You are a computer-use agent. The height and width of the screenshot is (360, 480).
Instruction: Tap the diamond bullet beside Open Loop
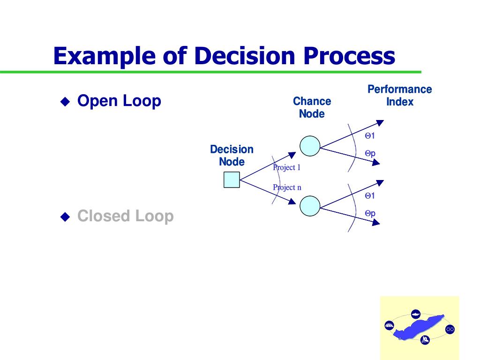point(65,101)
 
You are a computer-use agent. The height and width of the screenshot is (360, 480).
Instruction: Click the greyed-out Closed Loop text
point(125,216)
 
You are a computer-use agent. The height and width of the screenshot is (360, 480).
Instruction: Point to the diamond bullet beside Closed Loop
point(65,217)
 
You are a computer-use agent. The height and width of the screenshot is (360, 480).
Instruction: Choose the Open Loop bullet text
point(119,101)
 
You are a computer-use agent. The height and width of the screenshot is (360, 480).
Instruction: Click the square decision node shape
point(232,180)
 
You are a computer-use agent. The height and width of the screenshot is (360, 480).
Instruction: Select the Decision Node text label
point(232,156)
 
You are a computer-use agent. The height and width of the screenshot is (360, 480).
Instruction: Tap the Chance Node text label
point(312,107)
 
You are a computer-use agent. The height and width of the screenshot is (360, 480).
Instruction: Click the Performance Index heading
point(399,95)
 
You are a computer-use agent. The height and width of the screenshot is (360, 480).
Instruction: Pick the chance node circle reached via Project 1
point(310,146)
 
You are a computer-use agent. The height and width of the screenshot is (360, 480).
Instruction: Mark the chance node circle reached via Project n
point(310,206)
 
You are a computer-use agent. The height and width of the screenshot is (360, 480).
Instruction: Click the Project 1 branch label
point(286,167)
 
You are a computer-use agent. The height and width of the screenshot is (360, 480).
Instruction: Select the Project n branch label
point(287,187)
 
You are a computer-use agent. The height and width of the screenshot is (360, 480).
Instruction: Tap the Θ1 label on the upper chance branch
point(370,136)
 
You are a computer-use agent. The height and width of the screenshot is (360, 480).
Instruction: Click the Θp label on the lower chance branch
point(370,213)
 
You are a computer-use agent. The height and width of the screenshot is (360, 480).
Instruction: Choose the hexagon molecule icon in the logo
point(450,329)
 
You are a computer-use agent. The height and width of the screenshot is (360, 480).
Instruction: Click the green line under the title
point(211,72)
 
